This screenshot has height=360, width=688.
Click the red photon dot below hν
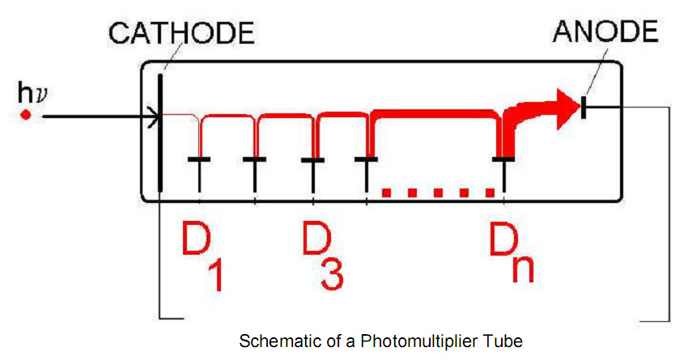coord(25,116)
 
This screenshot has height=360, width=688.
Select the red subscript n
coord(522,268)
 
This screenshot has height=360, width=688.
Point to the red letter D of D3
coord(316,239)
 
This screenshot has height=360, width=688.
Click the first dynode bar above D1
coord(199,159)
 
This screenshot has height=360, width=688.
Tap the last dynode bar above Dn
coord(504,159)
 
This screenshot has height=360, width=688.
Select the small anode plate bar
coord(583,105)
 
